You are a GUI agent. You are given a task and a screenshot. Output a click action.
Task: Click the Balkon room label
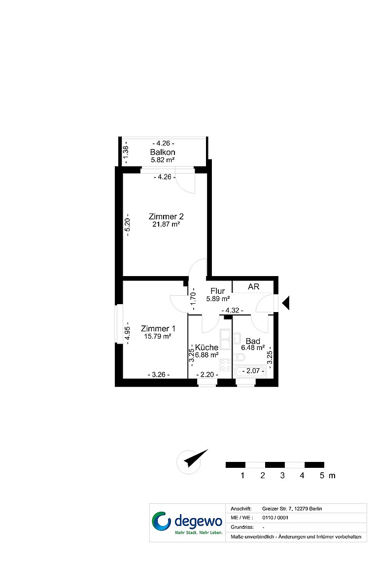coord(163,152)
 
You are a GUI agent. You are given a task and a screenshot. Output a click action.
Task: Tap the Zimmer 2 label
coord(166,216)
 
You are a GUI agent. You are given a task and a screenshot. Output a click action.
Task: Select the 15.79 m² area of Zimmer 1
coord(158,337)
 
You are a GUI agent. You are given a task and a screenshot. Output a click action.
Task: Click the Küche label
coord(206,348)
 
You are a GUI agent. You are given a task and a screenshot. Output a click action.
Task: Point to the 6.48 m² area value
coord(253,348)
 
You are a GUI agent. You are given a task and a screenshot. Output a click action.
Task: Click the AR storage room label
coord(254,287)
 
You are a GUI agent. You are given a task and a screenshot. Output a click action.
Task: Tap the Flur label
coord(218,291)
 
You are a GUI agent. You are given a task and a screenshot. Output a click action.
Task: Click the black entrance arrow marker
coord(285,303)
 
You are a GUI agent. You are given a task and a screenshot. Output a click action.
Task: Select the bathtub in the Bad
coord(250,372)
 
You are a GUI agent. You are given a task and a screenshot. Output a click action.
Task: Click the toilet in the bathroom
coord(239,357)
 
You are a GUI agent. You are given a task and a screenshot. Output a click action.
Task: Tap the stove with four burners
coord(226,365)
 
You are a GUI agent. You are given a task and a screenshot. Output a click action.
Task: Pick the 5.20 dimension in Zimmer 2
coord(127,227)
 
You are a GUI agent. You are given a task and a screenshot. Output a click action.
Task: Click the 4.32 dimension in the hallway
coord(233,311)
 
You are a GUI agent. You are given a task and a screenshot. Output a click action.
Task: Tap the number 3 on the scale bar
coord(282,476)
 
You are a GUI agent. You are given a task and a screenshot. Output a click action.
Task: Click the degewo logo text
coord(199,521)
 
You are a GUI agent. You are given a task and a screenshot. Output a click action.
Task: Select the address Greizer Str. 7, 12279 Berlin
coord(292,509)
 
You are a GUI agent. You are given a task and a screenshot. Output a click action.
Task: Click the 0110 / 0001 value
coord(275,518)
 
